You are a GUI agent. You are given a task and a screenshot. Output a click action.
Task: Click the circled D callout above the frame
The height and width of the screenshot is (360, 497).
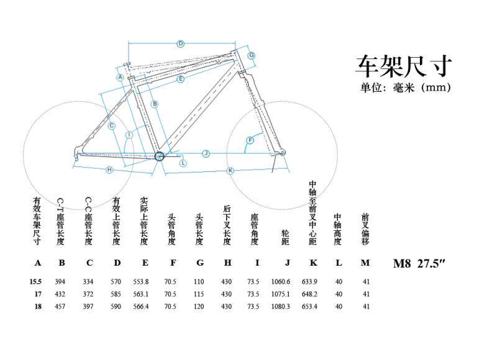[180, 43]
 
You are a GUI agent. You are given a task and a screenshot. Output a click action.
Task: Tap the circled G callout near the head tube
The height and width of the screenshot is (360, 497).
[252, 55]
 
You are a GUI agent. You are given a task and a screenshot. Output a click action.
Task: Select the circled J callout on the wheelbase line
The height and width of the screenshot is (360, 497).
[206, 153]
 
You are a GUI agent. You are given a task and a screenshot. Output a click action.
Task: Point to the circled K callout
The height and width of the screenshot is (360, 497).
[230, 169]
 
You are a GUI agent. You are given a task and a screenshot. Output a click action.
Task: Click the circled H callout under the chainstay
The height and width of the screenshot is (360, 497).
[109, 169]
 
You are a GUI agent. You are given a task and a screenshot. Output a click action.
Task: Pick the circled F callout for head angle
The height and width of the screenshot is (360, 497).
[250, 140]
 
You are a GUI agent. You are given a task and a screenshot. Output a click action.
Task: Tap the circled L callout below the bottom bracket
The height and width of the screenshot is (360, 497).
[183, 163]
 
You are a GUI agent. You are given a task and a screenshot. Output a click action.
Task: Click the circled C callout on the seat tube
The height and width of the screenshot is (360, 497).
[111, 126]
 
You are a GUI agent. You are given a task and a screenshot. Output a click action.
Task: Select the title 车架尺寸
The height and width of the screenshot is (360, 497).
[403, 65]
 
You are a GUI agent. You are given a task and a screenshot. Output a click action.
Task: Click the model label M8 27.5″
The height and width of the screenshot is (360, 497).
[420, 263]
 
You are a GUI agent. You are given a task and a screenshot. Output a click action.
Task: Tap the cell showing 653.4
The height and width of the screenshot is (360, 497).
[309, 306]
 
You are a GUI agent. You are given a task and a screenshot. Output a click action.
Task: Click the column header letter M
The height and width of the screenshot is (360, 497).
[366, 263]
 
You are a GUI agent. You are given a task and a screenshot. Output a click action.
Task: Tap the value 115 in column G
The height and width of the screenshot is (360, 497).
[199, 294]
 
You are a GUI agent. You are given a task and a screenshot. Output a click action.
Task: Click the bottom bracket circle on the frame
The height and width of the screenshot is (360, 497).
[159, 156]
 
